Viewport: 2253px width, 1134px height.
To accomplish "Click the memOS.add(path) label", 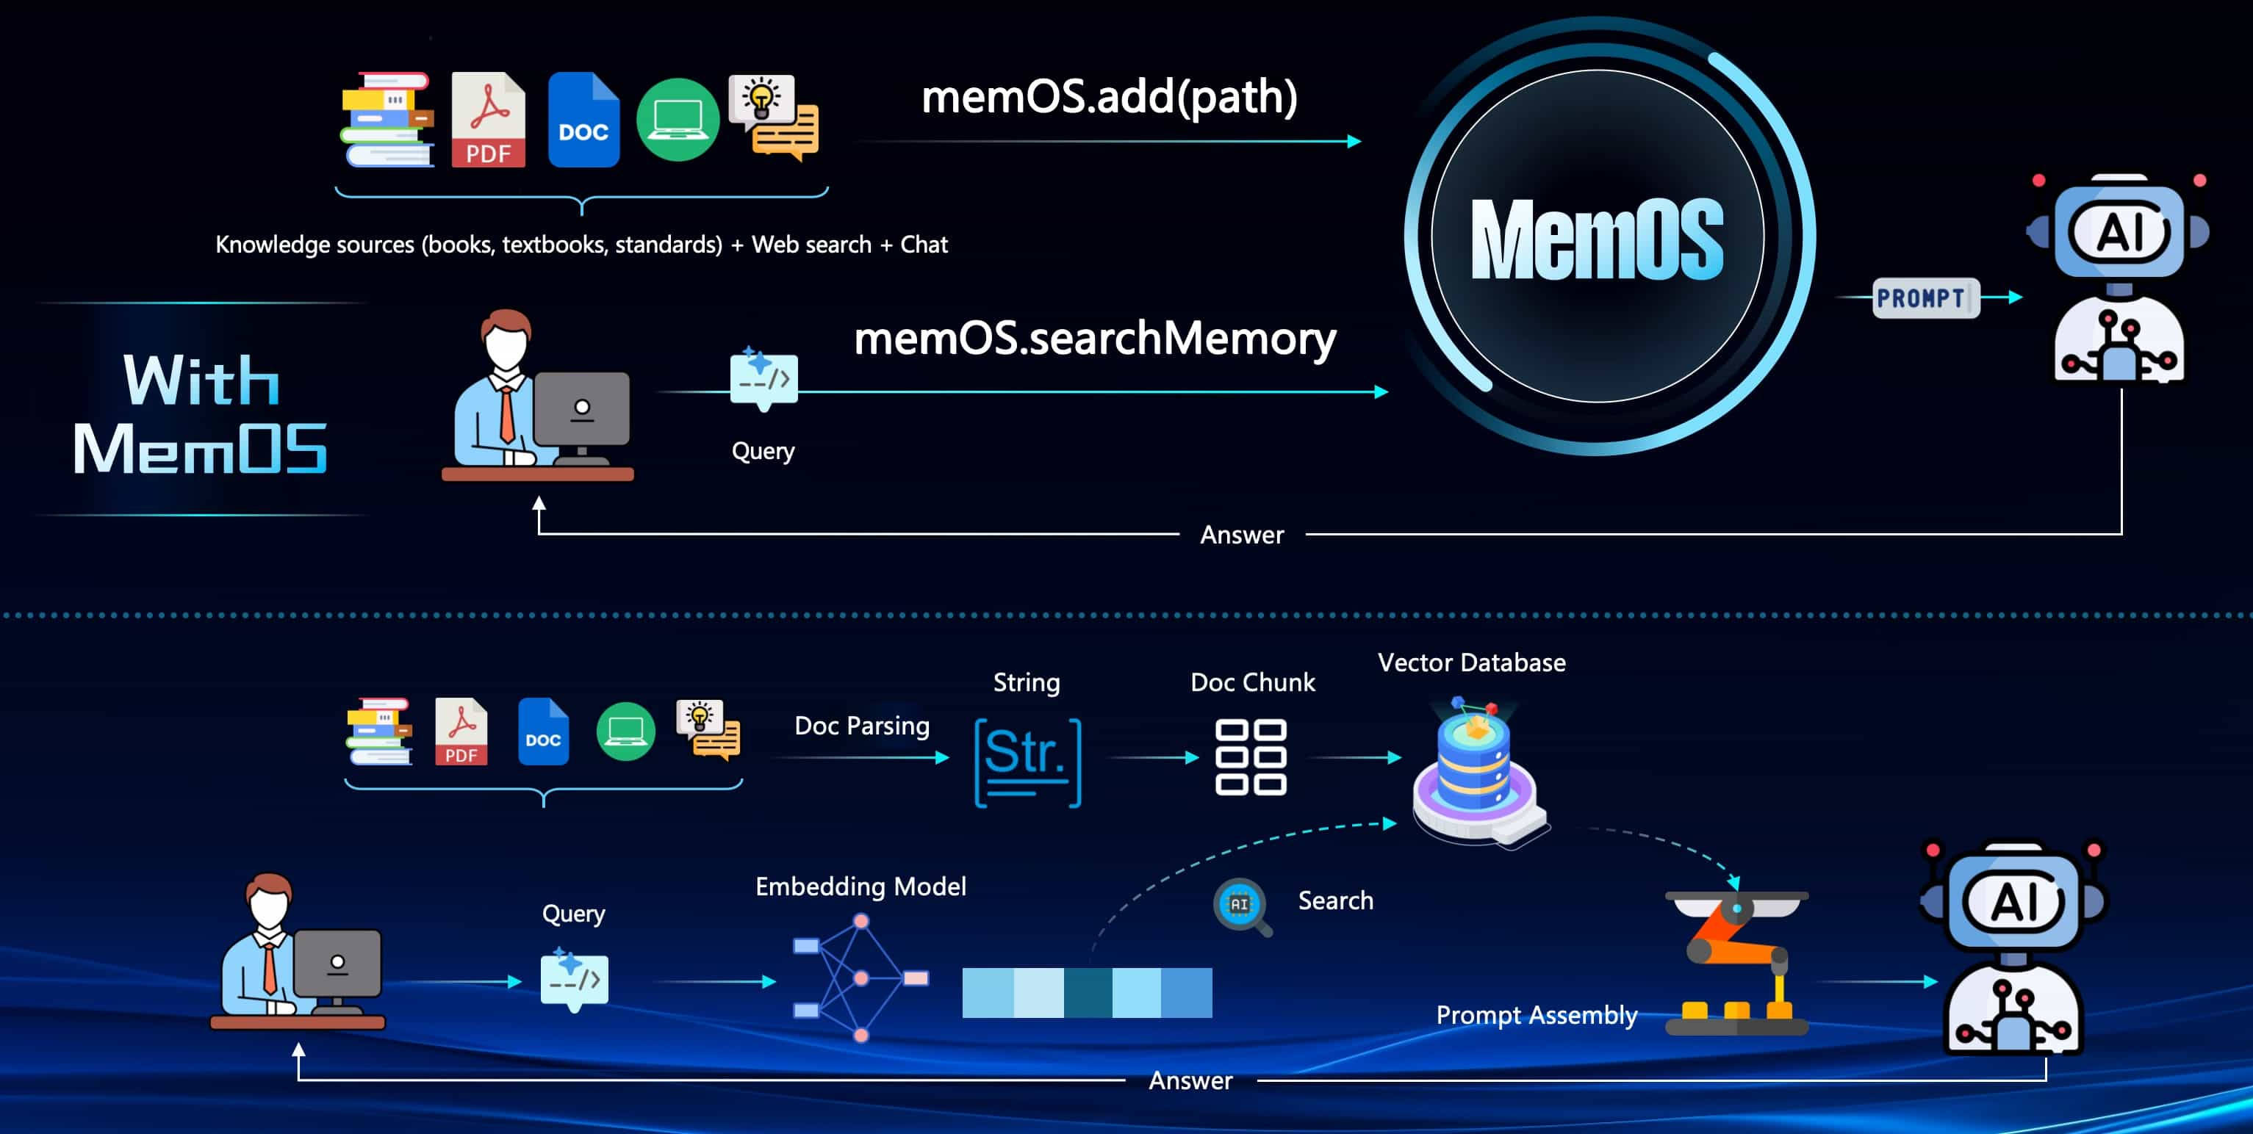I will coord(1109,96).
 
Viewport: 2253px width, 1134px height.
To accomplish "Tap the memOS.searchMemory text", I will coord(1094,339).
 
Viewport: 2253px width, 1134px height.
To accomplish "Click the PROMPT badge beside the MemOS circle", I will coord(1924,298).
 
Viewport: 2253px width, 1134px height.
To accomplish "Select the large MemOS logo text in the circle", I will coord(1597,239).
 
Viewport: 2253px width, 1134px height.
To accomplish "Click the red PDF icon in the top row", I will coord(488,120).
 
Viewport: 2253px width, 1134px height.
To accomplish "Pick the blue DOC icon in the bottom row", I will coord(543,732).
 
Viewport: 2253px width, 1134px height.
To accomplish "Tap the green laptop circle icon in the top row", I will coord(678,120).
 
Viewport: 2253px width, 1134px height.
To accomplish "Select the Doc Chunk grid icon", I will coord(1251,757).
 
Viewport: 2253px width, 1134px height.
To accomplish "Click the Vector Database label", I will coord(1471,662).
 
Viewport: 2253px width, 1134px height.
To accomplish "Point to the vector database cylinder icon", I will coord(1476,770).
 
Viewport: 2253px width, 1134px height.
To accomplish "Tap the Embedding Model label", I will coord(860,886).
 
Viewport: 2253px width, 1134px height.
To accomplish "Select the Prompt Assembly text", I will coord(1536,1015).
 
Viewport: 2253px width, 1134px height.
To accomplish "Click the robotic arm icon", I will coord(1736,961).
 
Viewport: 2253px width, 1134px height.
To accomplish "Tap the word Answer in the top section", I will coord(1241,535).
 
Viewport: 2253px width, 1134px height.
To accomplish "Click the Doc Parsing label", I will coord(861,726).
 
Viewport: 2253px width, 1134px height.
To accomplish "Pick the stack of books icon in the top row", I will coord(387,120).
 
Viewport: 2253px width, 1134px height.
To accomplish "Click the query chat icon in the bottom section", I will coord(574,979).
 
